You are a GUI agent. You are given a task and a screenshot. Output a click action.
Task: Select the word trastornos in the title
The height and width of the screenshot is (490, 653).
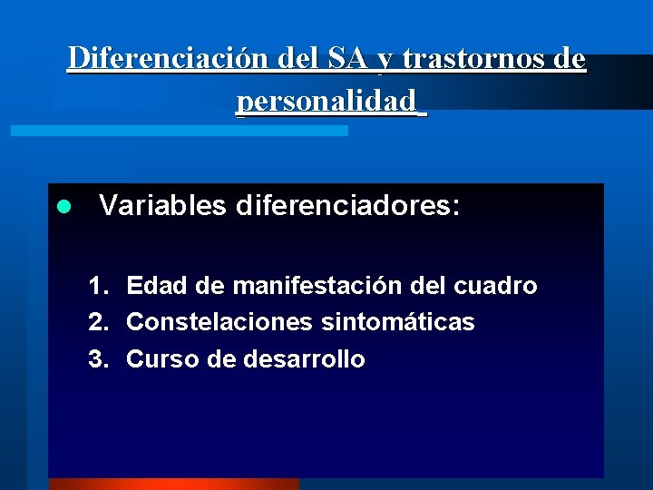coord(477,59)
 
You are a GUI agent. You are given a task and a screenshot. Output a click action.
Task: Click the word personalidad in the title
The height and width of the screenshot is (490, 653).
coord(327,101)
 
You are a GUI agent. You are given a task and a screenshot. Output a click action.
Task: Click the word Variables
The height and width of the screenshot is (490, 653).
coord(162,206)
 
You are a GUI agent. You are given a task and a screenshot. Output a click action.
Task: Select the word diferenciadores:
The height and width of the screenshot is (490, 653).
coord(348,206)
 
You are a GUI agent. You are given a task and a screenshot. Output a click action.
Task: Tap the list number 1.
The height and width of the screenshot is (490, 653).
coord(98,287)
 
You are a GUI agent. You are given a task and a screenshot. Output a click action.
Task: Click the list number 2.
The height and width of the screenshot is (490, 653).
coord(98,323)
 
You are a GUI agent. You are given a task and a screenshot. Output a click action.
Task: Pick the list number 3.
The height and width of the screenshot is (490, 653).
coord(98,359)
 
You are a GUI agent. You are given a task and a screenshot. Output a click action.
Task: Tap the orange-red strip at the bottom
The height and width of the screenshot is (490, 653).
coord(172,484)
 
